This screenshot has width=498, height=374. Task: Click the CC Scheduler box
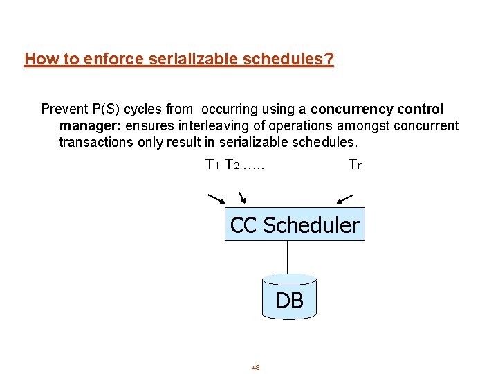[x=295, y=224]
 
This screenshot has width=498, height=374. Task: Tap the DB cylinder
[x=289, y=298]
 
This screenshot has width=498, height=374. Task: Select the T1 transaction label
[x=212, y=165]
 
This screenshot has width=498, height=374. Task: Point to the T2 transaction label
[x=232, y=165]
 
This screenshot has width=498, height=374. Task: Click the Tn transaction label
[x=356, y=165]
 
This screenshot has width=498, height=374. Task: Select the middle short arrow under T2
[x=241, y=199]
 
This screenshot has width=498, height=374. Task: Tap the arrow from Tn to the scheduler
[x=345, y=199]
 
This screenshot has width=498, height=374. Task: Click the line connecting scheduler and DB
[x=287, y=257]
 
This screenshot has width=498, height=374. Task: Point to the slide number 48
[x=255, y=367]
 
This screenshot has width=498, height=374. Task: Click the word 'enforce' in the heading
[x=111, y=60]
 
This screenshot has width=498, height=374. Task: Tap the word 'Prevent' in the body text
[x=64, y=109]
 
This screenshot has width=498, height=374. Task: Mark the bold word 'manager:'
[x=89, y=126]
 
